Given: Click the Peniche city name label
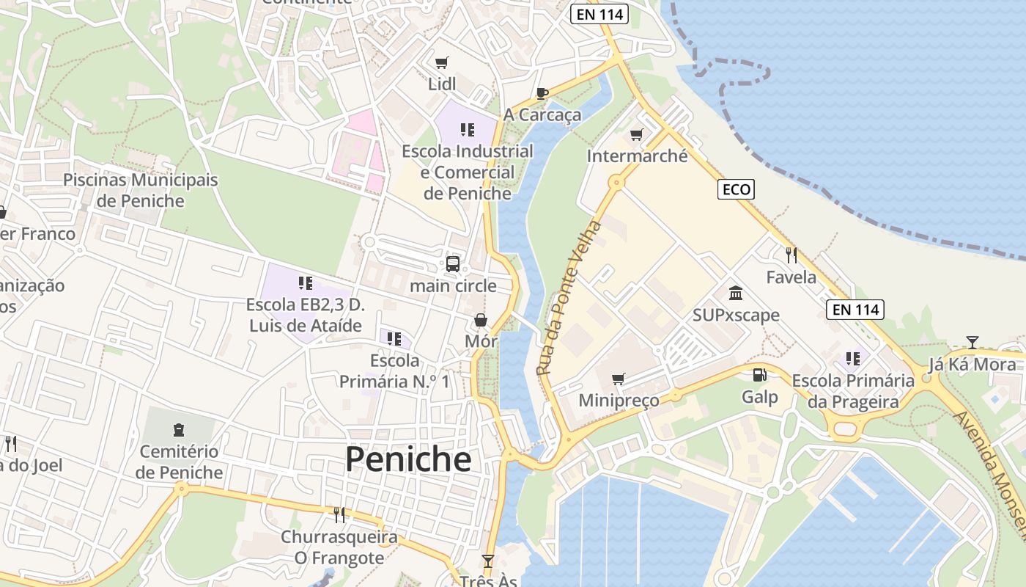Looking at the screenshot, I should [x=408, y=459].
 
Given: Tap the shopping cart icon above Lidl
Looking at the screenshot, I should [x=441, y=63].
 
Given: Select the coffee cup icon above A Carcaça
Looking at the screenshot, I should [x=542, y=93].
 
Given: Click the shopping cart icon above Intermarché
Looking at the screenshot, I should [x=636, y=135].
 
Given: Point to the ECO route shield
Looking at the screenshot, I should [x=736, y=189].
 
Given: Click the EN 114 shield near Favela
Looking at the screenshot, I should [x=855, y=309].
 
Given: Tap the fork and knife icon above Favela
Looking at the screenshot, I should [x=791, y=255].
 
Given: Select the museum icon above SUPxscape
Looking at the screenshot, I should [x=736, y=293].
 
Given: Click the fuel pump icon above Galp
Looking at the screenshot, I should [x=759, y=375].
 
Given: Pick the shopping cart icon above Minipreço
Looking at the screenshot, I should [x=619, y=379].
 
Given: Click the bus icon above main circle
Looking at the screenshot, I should [x=453, y=264].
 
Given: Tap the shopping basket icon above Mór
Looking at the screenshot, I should [x=481, y=320].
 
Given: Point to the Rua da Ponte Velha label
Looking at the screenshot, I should [x=569, y=298].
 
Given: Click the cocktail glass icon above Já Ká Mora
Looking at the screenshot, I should [x=972, y=342].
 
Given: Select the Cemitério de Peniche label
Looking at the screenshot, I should [x=179, y=462].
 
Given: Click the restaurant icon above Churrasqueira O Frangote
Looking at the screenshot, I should [x=339, y=515].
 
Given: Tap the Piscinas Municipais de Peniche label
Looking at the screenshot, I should [x=141, y=190].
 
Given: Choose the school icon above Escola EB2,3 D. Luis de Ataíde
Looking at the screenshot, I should [x=305, y=283].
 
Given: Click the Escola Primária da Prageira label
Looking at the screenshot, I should [x=853, y=391].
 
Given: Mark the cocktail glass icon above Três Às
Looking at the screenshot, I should [x=488, y=561].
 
